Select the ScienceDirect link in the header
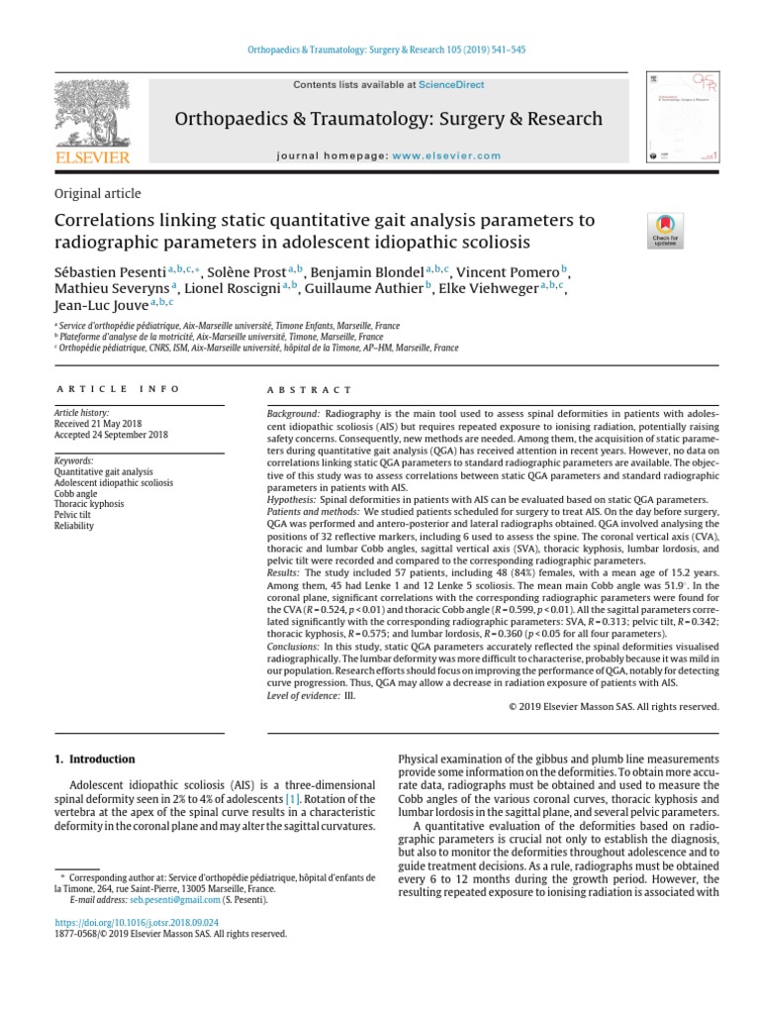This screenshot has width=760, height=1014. (451, 85)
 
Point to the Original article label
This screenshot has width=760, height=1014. (95, 193)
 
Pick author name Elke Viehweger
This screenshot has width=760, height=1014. (486, 288)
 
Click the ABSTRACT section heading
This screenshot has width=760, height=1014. (310, 390)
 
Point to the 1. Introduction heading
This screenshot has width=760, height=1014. (93, 760)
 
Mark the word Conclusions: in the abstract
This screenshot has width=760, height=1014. (299, 646)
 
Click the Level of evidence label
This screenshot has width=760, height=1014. (304, 696)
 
